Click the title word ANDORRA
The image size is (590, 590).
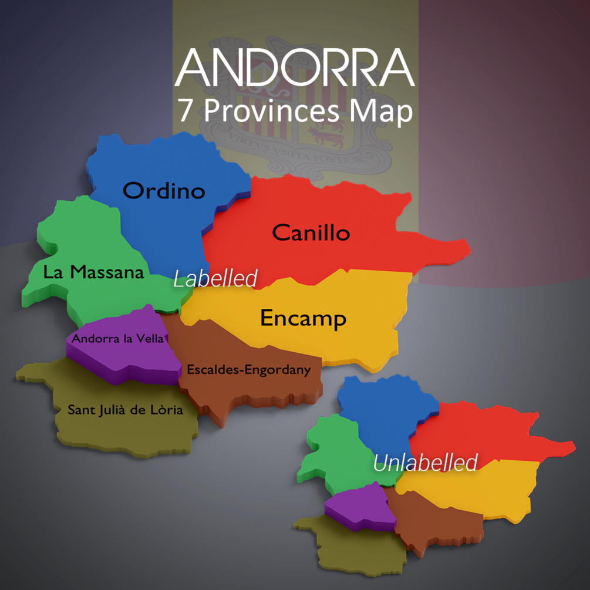coord(295,68)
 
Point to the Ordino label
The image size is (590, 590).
coord(164,191)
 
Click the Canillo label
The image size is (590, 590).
coord(311,233)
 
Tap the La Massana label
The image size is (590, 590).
coord(93,272)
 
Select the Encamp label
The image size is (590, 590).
coord(303,318)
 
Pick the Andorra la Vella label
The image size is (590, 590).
coord(117,339)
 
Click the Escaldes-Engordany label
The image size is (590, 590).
coord(248,370)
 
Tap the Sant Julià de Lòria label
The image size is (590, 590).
coord(125,410)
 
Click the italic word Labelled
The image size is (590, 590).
coord(215,279)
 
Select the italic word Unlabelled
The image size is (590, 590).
coord(425,463)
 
